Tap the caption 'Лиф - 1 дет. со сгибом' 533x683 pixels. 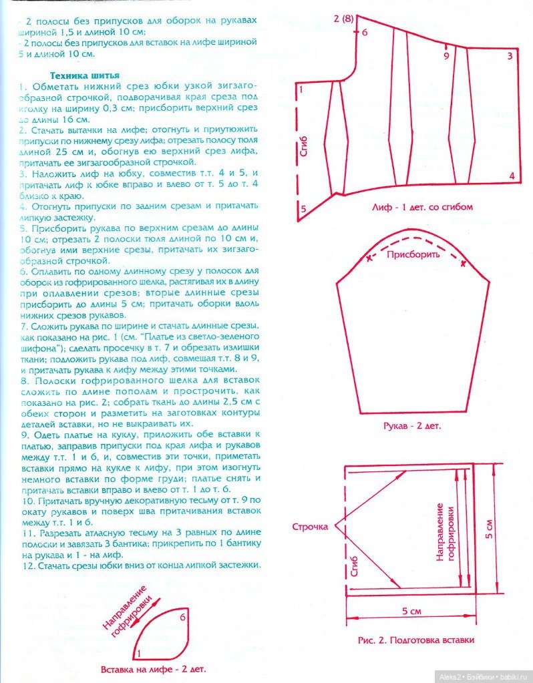pos(422,207)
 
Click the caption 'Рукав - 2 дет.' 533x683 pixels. pos(412,425)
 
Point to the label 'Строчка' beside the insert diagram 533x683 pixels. pos(310,527)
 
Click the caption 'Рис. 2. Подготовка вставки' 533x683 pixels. pos(416,640)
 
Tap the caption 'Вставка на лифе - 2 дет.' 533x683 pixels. pos(153,668)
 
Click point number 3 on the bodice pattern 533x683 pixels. pos(510,56)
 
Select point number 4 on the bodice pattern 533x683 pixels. pos(512,176)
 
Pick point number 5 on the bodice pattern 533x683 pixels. pos(303,209)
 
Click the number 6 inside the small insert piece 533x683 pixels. pos(182,618)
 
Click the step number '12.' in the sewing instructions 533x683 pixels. pos(25,565)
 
